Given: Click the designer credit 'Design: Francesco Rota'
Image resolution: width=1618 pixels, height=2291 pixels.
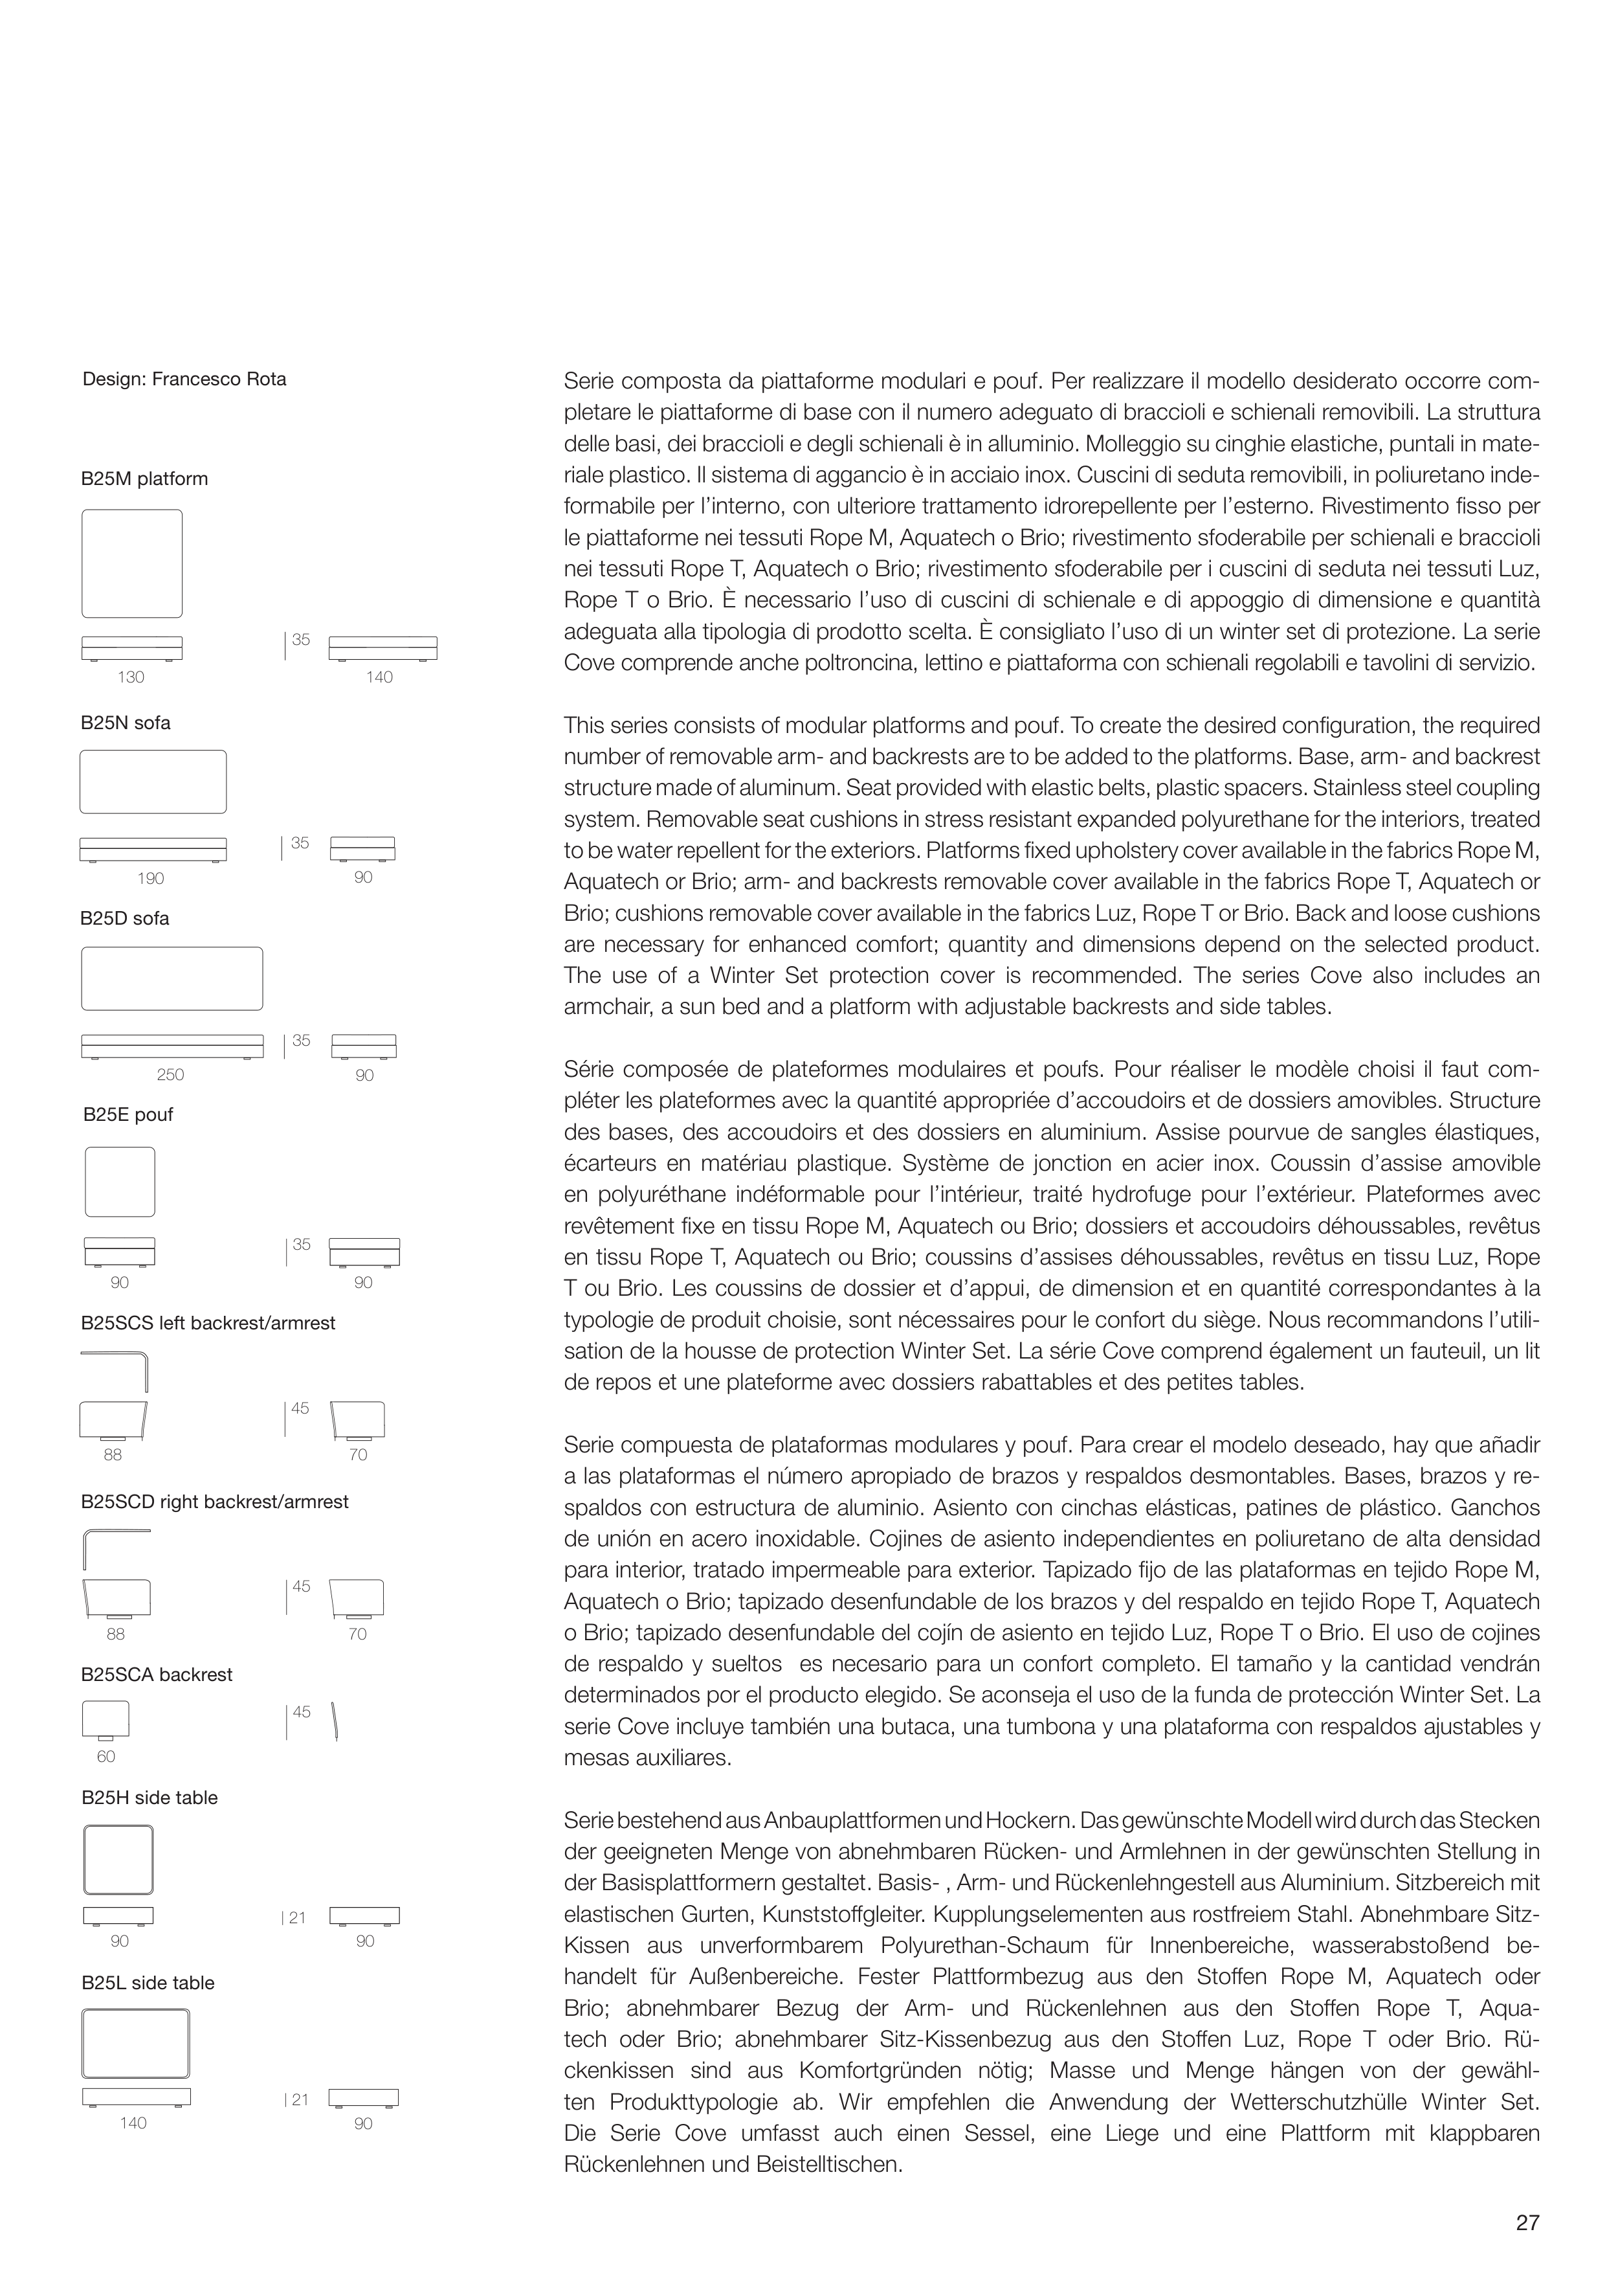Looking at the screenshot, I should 184,379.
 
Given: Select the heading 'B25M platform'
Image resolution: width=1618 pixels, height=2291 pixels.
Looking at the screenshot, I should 144,479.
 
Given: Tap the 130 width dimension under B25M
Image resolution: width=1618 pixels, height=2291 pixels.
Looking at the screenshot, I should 131,677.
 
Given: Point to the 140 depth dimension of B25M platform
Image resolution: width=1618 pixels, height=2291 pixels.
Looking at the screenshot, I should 379,677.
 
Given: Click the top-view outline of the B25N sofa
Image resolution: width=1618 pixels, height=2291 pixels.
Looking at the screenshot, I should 153,782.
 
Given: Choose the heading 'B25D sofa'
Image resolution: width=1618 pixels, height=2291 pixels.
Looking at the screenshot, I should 125,918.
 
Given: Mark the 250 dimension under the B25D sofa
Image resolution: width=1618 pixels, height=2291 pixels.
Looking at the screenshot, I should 171,1075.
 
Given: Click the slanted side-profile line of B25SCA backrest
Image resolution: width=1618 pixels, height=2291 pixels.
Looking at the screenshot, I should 335,1722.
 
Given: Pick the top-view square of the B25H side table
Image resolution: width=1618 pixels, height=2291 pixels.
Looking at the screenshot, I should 118,1860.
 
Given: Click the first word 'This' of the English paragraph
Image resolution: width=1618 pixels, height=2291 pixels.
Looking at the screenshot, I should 582,725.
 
